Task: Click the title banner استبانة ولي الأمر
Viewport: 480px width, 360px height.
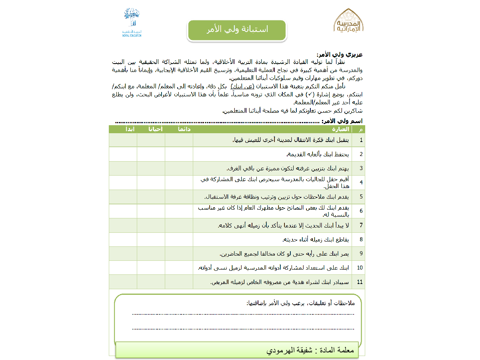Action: (237, 30)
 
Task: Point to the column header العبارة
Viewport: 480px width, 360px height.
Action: (340, 129)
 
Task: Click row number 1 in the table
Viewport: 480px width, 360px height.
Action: (361, 140)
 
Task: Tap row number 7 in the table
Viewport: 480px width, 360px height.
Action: (361, 225)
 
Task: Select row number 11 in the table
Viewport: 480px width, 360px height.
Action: (360, 282)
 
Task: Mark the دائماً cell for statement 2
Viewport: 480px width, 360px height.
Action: (179, 154)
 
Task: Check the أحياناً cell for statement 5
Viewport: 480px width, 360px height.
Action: (151, 197)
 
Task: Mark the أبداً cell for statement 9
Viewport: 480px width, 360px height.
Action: (123, 254)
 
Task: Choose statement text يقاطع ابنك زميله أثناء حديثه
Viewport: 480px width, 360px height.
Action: (316, 240)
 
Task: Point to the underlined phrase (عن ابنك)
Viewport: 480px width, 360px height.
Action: (243, 86)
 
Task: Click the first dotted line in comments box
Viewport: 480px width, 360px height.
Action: (243, 314)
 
